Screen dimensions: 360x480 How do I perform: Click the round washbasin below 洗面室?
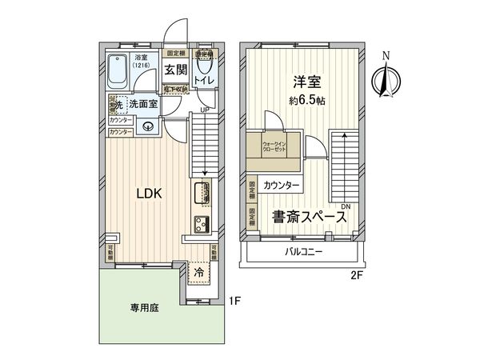[x=148, y=126]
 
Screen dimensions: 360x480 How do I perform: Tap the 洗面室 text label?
[x=142, y=103]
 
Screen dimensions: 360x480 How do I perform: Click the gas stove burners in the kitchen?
[x=200, y=222]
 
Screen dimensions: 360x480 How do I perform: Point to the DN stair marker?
[x=345, y=206]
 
